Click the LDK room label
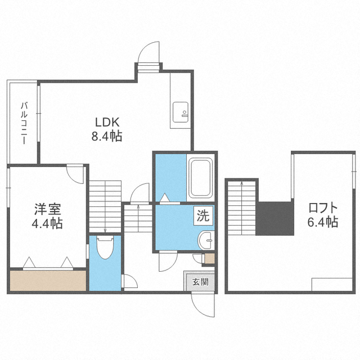coord(107,122)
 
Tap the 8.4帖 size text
coord(107,136)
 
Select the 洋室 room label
coord(47,209)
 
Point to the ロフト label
coord(323,208)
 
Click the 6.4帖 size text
coord(323,222)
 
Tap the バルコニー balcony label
coord(24,123)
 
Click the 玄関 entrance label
coord(200,282)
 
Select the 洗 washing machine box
coord(203,216)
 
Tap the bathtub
coord(201,178)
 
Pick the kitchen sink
coord(181,112)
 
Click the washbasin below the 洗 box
coord(206,240)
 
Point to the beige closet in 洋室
coord(48,281)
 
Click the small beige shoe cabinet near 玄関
coord(210,259)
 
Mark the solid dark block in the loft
coord(275,218)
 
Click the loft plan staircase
coord(241,208)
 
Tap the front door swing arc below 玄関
coord(199,309)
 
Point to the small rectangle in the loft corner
coord(332,285)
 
